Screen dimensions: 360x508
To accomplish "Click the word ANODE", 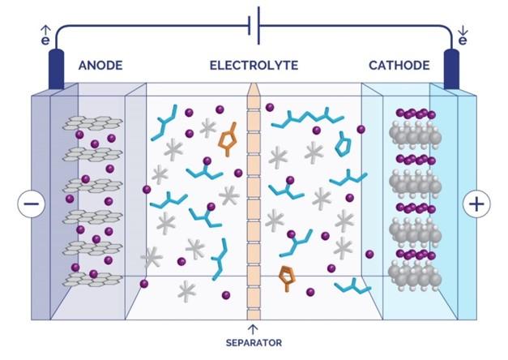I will (x=100, y=65).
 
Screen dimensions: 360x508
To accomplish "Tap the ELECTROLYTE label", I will (x=254, y=65).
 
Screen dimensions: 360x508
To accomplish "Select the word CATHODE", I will (x=399, y=65).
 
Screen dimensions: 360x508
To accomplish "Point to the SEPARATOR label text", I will (x=254, y=343).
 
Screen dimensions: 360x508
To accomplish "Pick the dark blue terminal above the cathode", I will (x=450, y=70).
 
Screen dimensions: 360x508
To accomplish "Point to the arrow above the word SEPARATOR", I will (x=254, y=328).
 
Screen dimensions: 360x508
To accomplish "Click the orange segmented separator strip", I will (x=253, y=203).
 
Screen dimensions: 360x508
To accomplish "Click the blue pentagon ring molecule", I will (x=344, y=145).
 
